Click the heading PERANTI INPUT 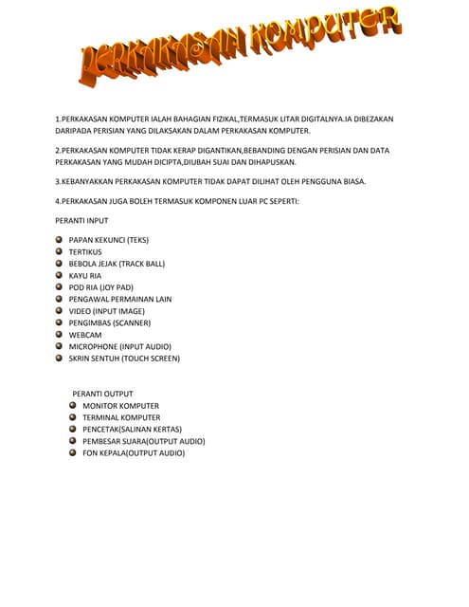pyautogui.click(x=81, y=220)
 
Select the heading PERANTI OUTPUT pyautogui.click(x=102, y=394)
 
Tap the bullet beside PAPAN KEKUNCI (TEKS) pyautogui.click(x=59, y=240)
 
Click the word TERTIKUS pyautogui.click(x=86, y=252)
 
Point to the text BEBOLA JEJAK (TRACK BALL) pyautogui.click(x=116, y=264)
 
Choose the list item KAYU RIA pyautogui.click(x=84, y=276)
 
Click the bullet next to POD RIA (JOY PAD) pyautogui.click(x=59, y=287)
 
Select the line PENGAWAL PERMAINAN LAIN pyautogui.click(x=119, y=300)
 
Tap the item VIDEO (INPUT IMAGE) pyautogui.click(x=106, y=311)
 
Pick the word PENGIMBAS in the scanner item pyautogui.click(x=91, y=323)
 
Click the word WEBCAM pyautogui.click(x=84, y=335)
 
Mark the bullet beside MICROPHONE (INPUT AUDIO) pyautogui.click(x=59, y=347)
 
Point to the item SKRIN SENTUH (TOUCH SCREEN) pyautogui.click(x=123, y=359)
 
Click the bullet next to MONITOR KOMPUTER pyautogui.click(x=72, y=406)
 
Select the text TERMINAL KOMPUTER pyautogui.click(x=121, y=418)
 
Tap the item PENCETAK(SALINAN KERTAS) pyautogui.click(x=132, y=430)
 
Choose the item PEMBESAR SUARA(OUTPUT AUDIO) pyautogui.click(x=143, y=442)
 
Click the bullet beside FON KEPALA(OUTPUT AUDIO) pyautogui.click(x=72, y=453)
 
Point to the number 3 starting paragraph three pyautogui.click(x=57, y=181)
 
